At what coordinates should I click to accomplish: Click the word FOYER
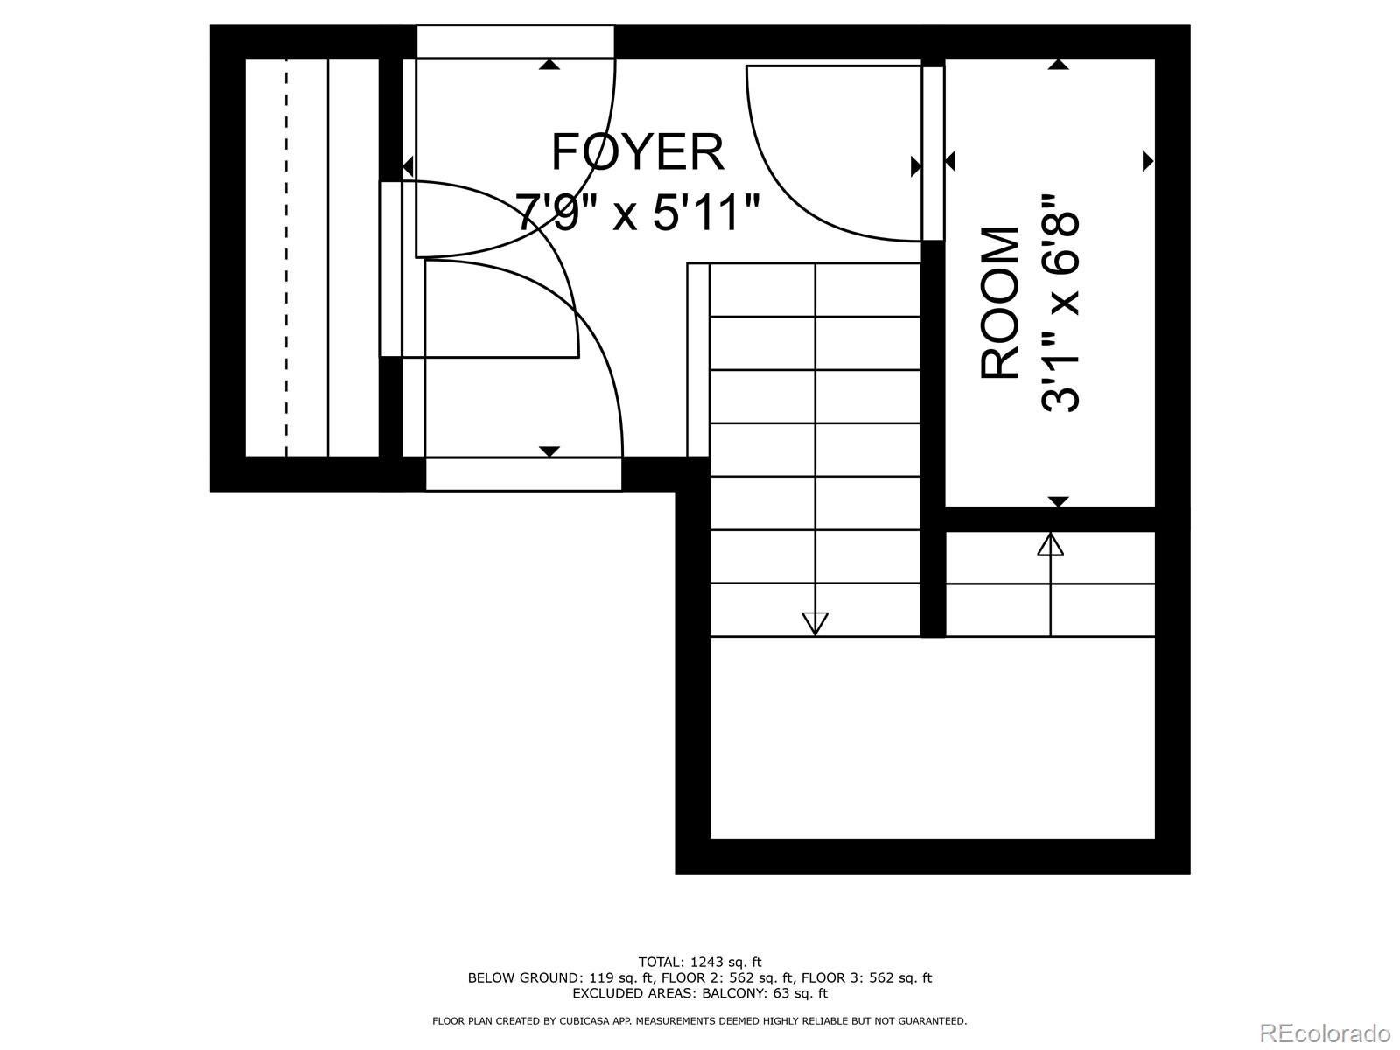click(637, 152)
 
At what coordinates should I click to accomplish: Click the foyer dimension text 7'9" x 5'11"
click(637, 212)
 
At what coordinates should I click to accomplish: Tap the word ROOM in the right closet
click(1000, 303)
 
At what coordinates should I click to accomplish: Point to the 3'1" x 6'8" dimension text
click(1060, 303)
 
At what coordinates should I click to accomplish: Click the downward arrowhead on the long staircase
click(815, 623)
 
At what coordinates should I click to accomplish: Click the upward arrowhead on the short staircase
click(1050, 544)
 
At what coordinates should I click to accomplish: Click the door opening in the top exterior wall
click(515, 41)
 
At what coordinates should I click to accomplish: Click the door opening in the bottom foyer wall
click(523, 474)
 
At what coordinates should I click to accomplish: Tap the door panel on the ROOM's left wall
click(933, 153)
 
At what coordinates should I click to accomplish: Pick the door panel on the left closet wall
click(390, 269)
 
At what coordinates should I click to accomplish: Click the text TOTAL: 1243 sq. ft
click(699, 962)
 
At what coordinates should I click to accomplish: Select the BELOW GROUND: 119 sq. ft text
click(559, 977)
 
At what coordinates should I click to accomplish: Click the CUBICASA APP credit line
click(699, 1020)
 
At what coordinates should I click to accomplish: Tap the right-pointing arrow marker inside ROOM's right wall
click(1148, 161)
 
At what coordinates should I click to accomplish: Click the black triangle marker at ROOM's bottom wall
click(1059, 501)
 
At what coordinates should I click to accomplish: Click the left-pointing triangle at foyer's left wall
click(408, 165)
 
